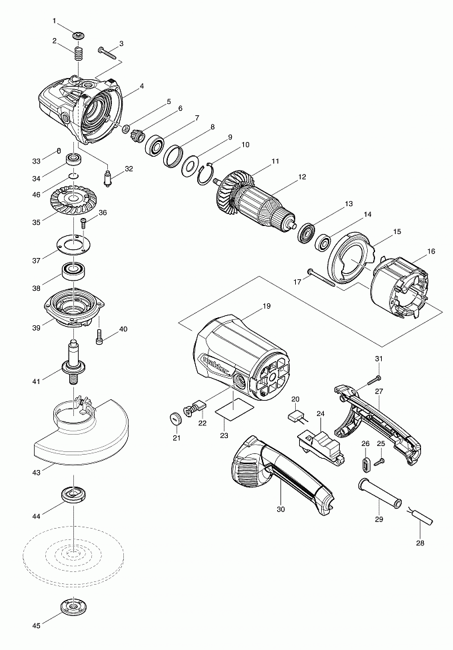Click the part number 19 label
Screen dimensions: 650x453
266,306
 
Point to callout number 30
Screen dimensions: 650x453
280,509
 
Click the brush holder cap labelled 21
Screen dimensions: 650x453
176,418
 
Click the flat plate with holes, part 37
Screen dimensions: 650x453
71,244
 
